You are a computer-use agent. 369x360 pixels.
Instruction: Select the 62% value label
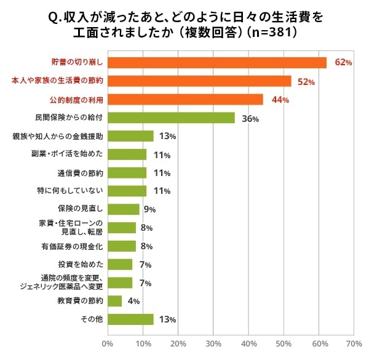coord(343,63)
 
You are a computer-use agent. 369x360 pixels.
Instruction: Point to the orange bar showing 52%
coord(199,81)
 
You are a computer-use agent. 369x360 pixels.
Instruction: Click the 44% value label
coord(280,100)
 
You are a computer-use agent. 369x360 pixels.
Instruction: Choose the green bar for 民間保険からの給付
coord(171,118)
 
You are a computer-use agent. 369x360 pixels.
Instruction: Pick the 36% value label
coord(250,118)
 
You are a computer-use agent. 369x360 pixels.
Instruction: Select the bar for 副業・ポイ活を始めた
coord(127,154)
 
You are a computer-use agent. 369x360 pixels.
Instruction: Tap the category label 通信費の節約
coord(79,173)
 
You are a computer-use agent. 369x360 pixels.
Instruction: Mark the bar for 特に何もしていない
coord(127,191)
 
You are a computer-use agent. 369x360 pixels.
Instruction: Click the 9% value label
coord(149,210)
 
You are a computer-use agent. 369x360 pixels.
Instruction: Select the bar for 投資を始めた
coord(120,265)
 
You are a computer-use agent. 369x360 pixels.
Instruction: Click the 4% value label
coord(132,302)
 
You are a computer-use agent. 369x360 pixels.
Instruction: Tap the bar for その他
coord(130,319)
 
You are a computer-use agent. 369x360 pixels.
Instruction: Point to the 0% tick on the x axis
coord(108,343)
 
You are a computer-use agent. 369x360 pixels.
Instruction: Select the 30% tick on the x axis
coord(213,343)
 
